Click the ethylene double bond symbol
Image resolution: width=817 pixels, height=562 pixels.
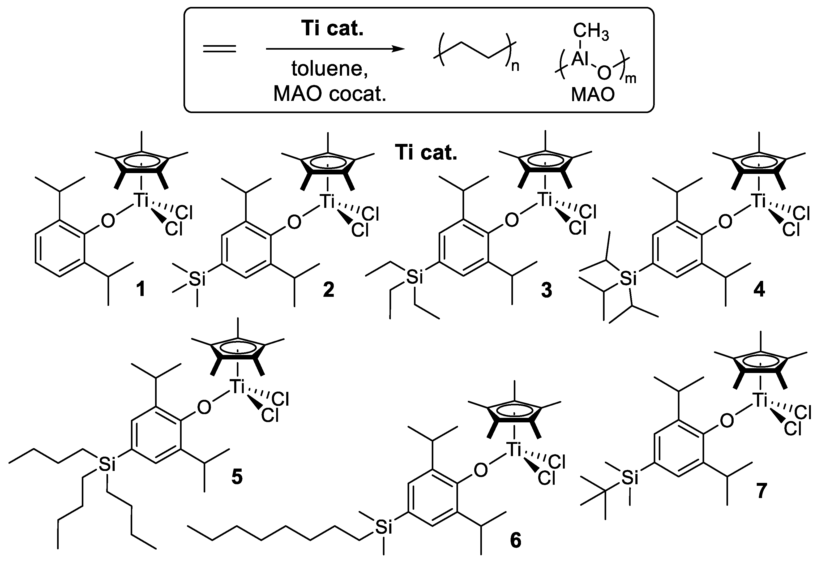(x=219, y=49)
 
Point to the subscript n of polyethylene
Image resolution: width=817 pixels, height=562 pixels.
(x=515, y=66)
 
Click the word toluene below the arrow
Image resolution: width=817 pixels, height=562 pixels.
(x=330, y=69)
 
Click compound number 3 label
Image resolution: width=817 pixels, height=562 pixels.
(x=546, y=290)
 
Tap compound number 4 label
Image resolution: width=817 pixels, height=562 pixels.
(x=759, y=290)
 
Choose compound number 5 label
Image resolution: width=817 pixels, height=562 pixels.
(x=237, y=477)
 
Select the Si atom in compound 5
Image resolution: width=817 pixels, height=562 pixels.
(x=107, y=465)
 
